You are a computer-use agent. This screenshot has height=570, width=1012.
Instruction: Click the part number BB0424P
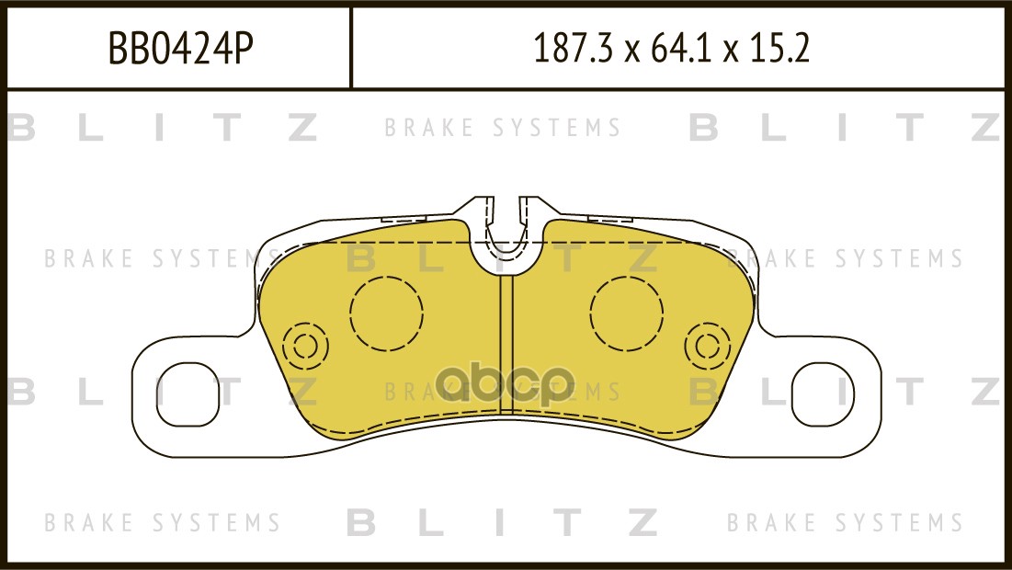pos(180,49)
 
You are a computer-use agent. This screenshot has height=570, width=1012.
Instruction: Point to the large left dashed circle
pos(386,313)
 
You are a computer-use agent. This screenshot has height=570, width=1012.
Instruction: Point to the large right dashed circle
pos(626,313)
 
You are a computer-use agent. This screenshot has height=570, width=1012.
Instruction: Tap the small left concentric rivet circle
pos(305,346)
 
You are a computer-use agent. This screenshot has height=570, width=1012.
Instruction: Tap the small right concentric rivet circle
pos(708,346)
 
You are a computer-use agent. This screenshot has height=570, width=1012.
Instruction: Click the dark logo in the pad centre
pos(505,383)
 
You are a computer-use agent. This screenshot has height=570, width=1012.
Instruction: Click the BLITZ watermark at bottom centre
pos(503,522)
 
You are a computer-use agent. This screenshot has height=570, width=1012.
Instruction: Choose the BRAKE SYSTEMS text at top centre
pos(503,128)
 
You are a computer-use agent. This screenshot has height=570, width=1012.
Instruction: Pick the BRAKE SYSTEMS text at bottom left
pos(162,522)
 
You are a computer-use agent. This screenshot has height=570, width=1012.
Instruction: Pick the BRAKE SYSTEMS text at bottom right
pos(845,522)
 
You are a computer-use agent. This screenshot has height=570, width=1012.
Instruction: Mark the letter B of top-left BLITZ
pos(20,128)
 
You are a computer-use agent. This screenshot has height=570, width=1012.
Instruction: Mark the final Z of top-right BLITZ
pos(986,128)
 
